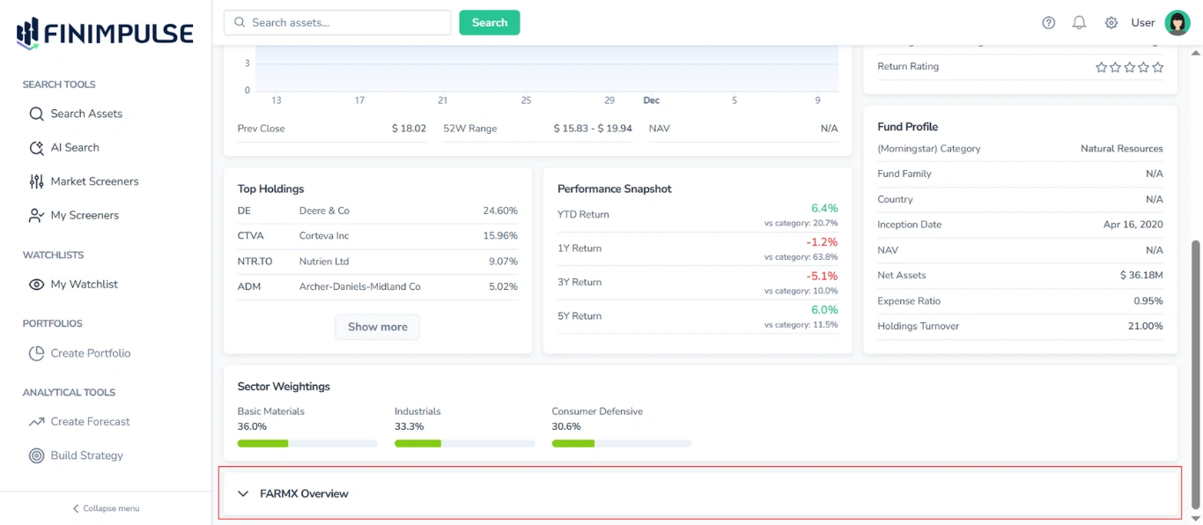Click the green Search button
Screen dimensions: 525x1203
click(490, 23)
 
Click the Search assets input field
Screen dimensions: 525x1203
click(338, 23)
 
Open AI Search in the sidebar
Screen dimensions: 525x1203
click(75, 148)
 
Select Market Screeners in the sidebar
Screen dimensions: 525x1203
click(94, 181)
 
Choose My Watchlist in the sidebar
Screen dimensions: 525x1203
click(84, 285)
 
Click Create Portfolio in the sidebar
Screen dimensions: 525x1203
click(90, 353)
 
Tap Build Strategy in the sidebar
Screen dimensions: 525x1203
click(86, 455)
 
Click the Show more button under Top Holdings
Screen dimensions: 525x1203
click(377, 327)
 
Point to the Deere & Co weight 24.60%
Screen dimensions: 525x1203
click(499, 211)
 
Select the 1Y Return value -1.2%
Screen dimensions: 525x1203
click(822, 242)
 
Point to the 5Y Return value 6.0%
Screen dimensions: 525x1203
click(824, 310)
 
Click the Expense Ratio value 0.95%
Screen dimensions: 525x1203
click(1148, 301)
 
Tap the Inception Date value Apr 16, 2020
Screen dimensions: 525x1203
click(1133, 225)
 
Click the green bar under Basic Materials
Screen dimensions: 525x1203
click(262, 443)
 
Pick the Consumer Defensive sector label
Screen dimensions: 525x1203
click(597, 411)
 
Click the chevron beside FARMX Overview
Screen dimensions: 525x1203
click(244, 494)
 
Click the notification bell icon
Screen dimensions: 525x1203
click(1079, 23)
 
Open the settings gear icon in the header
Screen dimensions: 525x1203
click(1111, 23)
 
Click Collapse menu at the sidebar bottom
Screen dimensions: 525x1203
click(106, 508)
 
